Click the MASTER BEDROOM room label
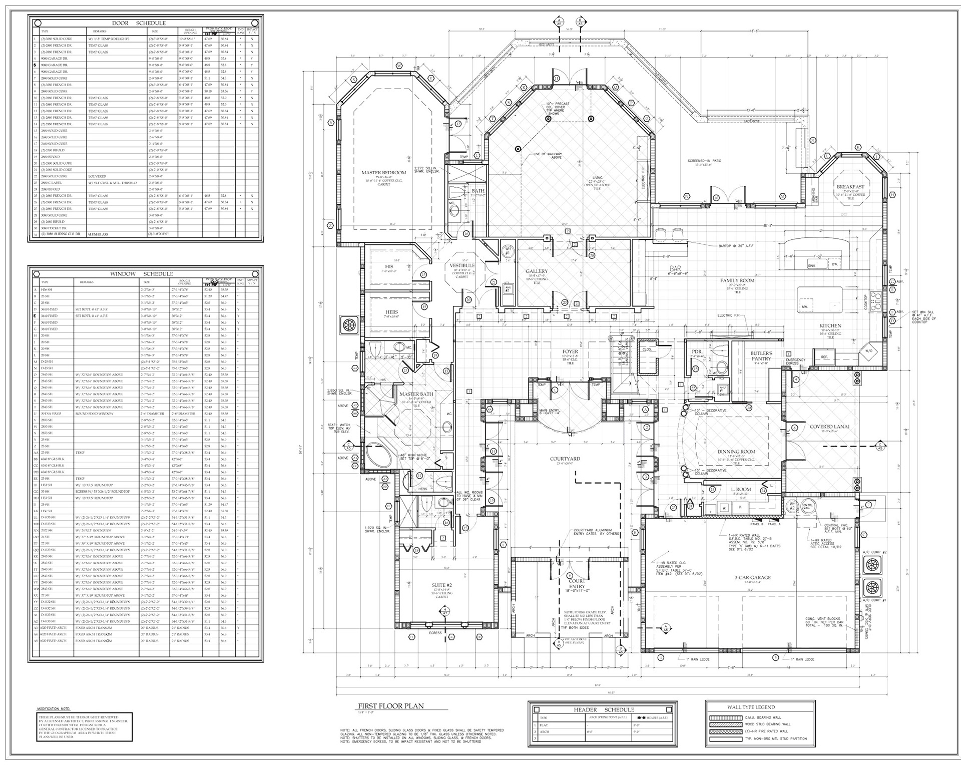pos(383,173)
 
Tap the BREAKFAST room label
pos(850,187)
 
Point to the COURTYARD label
pos(565,459)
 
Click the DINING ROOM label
pos(736,452)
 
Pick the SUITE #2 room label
pos(441,585)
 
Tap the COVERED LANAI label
pos(829,427)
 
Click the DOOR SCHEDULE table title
pos(138,23)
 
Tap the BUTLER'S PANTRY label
pos(761,356)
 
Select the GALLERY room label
pos(537,271)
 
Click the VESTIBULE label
pos(461,265)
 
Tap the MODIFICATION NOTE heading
pos(54,709)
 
